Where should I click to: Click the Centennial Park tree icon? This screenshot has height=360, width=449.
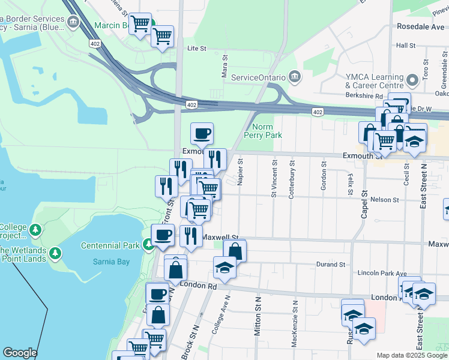(148, 245)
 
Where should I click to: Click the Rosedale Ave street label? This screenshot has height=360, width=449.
(420, 27)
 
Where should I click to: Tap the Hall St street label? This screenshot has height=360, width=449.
(406, 46)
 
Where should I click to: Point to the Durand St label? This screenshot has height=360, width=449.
(332, 264)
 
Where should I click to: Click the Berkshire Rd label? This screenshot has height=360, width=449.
(364, 95)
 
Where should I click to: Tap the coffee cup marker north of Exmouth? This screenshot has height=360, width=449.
(202, 133)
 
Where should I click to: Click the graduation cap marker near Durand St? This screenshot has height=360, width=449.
(224, 266)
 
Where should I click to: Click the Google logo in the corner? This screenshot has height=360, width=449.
(20, 352)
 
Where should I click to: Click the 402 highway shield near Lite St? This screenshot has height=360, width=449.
(95, 43)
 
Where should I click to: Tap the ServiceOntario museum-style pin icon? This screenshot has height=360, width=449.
(295, 77)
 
